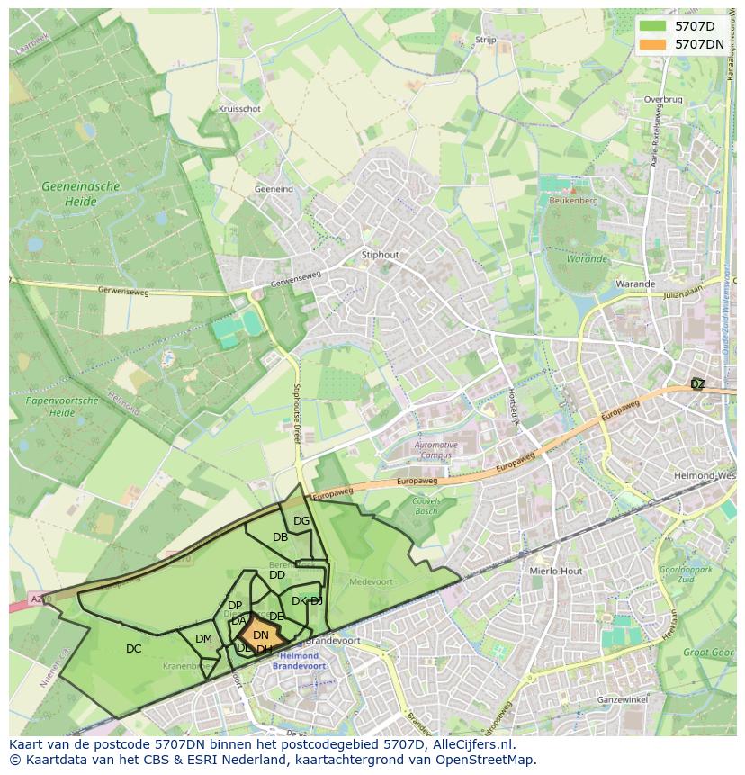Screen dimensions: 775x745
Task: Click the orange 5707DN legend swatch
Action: (654, 43)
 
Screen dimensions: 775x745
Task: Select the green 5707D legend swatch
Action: (654, 25)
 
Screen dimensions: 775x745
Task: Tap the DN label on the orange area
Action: (260, 635)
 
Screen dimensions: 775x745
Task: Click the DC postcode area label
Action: (133, 649)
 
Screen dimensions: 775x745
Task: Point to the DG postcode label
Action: (301, 521)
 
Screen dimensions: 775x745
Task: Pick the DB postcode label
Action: (280, 537)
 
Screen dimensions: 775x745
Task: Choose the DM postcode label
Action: (203, 639)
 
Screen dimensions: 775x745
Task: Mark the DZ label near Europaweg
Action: (697, 384)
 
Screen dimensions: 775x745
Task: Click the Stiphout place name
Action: (379, 255)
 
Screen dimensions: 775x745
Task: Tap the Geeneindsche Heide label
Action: (80, 194)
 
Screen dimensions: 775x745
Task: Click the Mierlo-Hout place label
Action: (557, 571)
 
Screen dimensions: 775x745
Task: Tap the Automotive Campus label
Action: (435, 450)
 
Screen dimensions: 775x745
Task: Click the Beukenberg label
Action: (572, 201)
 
